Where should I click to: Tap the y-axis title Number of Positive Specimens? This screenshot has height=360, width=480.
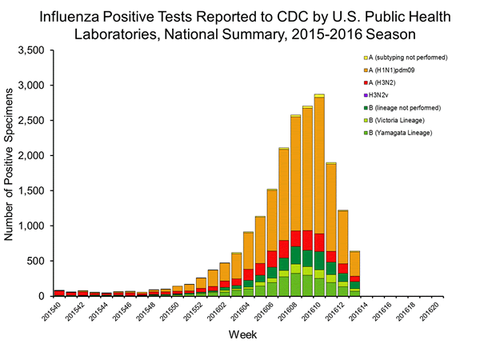pyautogui.click(x=10, y=172)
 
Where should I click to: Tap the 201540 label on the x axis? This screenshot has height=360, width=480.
pyautogui.click(x=53, y=314)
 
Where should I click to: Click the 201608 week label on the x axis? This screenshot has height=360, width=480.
pyautogui.click(x=290, y=314)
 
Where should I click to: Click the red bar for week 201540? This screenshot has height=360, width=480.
pyautogui.click(x=59, y=293)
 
